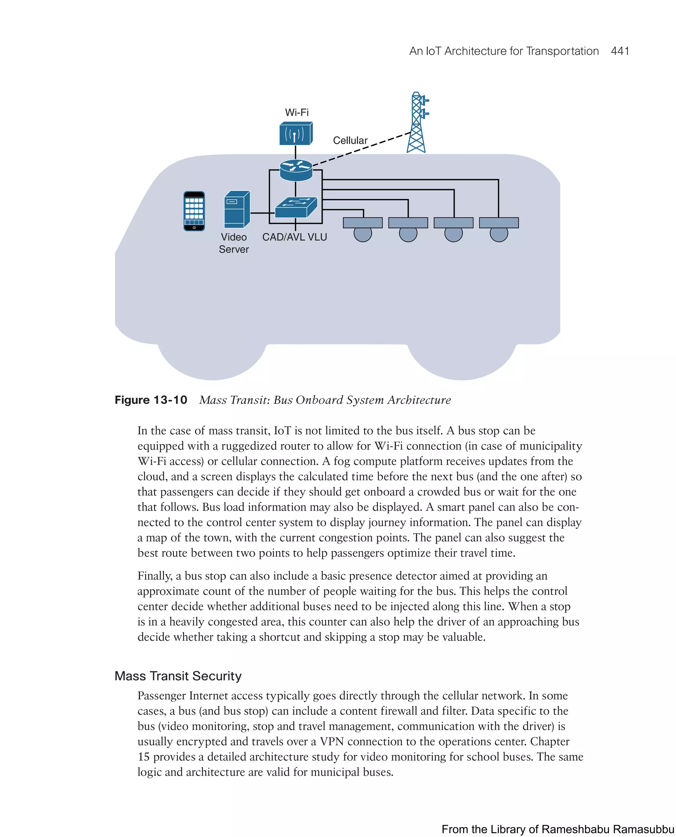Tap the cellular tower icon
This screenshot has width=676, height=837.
tap(417, 123)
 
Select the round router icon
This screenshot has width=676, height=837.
tap(296, 170)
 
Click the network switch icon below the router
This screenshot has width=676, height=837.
tap(296, 207)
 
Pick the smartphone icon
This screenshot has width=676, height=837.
tap(194, 211)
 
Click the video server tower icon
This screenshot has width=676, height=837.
tap(237, 209)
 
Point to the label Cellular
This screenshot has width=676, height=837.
tap(350, 140)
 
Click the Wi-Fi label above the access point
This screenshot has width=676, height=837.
tap(297, 112)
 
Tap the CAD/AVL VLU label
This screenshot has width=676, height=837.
tap(294, 237)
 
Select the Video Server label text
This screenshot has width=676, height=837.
tap(234, 243)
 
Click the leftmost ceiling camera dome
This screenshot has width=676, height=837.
tap(362, 234)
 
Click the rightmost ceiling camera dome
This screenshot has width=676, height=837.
tap(499, 234)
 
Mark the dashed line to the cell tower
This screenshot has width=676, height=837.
tap(362, 149)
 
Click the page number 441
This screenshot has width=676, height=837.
tap(620, 51)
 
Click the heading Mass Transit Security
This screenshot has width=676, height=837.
tap(178, 676)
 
